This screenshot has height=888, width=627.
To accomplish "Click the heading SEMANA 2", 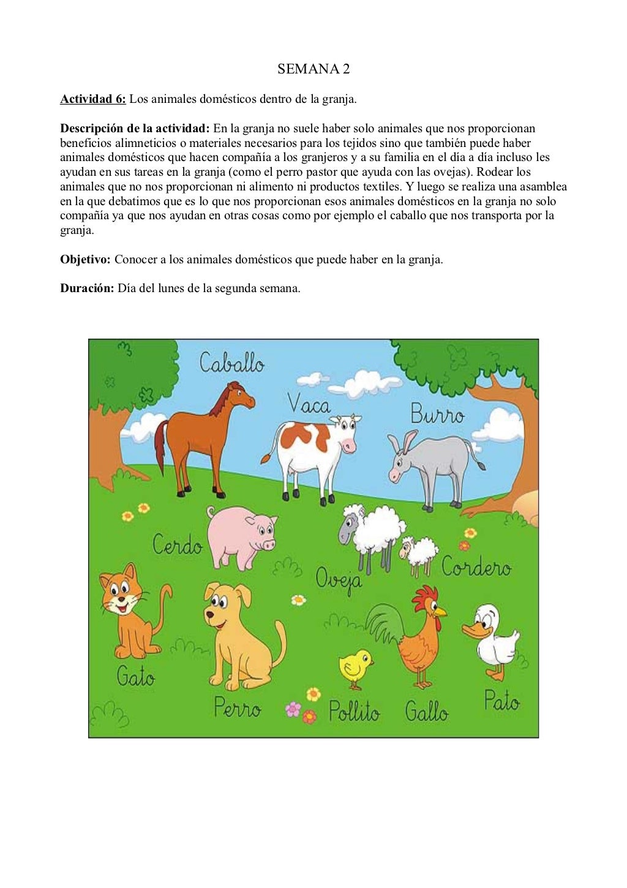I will tap(313, 69).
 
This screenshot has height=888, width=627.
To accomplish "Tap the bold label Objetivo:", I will tap(85, 259).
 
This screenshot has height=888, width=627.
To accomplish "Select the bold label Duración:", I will tap(87, 288).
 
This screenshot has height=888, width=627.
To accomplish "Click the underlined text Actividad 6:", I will tap(93, 99).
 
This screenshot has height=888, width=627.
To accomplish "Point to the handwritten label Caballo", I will tap(231, 364).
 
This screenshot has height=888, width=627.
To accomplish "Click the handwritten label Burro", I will tap(437, 414).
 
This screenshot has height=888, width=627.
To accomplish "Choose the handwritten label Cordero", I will tap(476, 567).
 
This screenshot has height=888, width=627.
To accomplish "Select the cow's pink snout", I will tap(350, 446).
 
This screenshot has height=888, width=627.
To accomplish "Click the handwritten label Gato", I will tap(135, 676).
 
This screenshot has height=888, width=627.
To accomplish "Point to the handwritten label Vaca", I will tap(309, 405).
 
